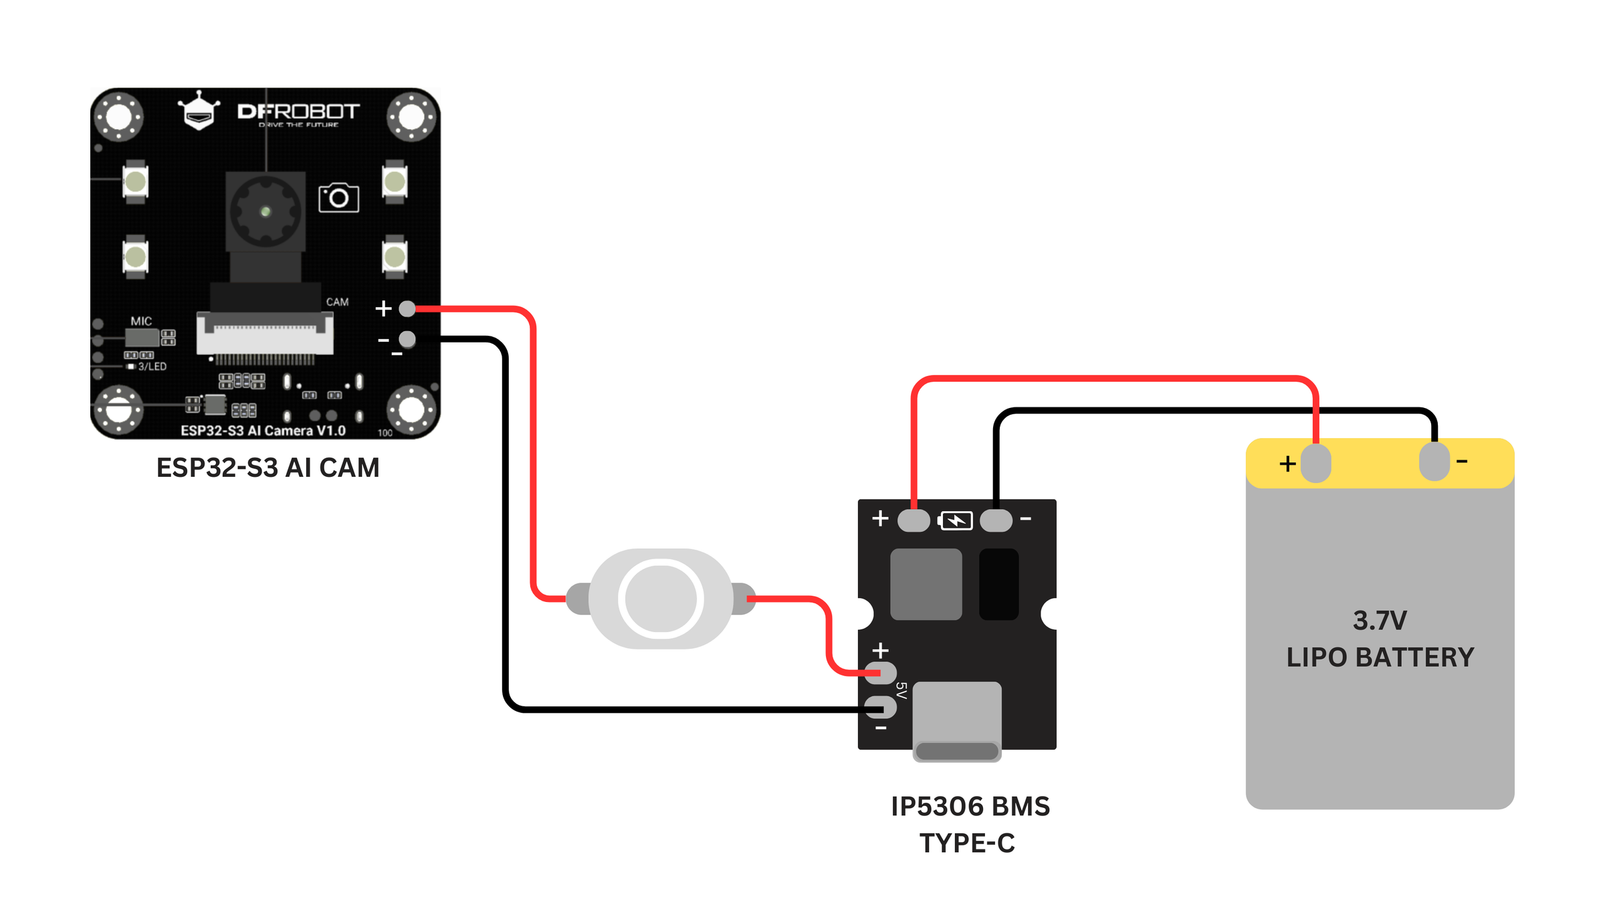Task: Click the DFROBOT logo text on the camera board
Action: tap(298, 112)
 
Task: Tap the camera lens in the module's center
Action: tap(265, 211)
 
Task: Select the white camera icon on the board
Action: tap(338, 197)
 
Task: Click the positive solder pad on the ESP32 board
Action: tap(407, 308)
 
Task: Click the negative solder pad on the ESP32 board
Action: tap(407, 339)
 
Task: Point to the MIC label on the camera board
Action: tap(141, 321)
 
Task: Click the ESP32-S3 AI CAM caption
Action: tap(267, 468)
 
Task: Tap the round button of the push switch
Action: tap(661, 599)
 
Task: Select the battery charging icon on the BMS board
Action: tap(956, 520)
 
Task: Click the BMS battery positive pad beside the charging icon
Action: tap(914, 520)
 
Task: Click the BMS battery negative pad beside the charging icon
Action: tap(996, 520)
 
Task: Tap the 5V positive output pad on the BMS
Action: tap(881, 673)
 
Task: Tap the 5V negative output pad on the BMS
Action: tap(881, 707)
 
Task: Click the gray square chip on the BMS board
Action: tap(926, 584)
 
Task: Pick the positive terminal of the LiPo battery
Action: tap(1316, 463)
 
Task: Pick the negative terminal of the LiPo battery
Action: tap(1434, 462)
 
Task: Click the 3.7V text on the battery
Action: tap(1380, 621)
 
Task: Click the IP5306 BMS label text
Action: tap(970, 807)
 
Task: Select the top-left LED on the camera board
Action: tap(135, 181)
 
